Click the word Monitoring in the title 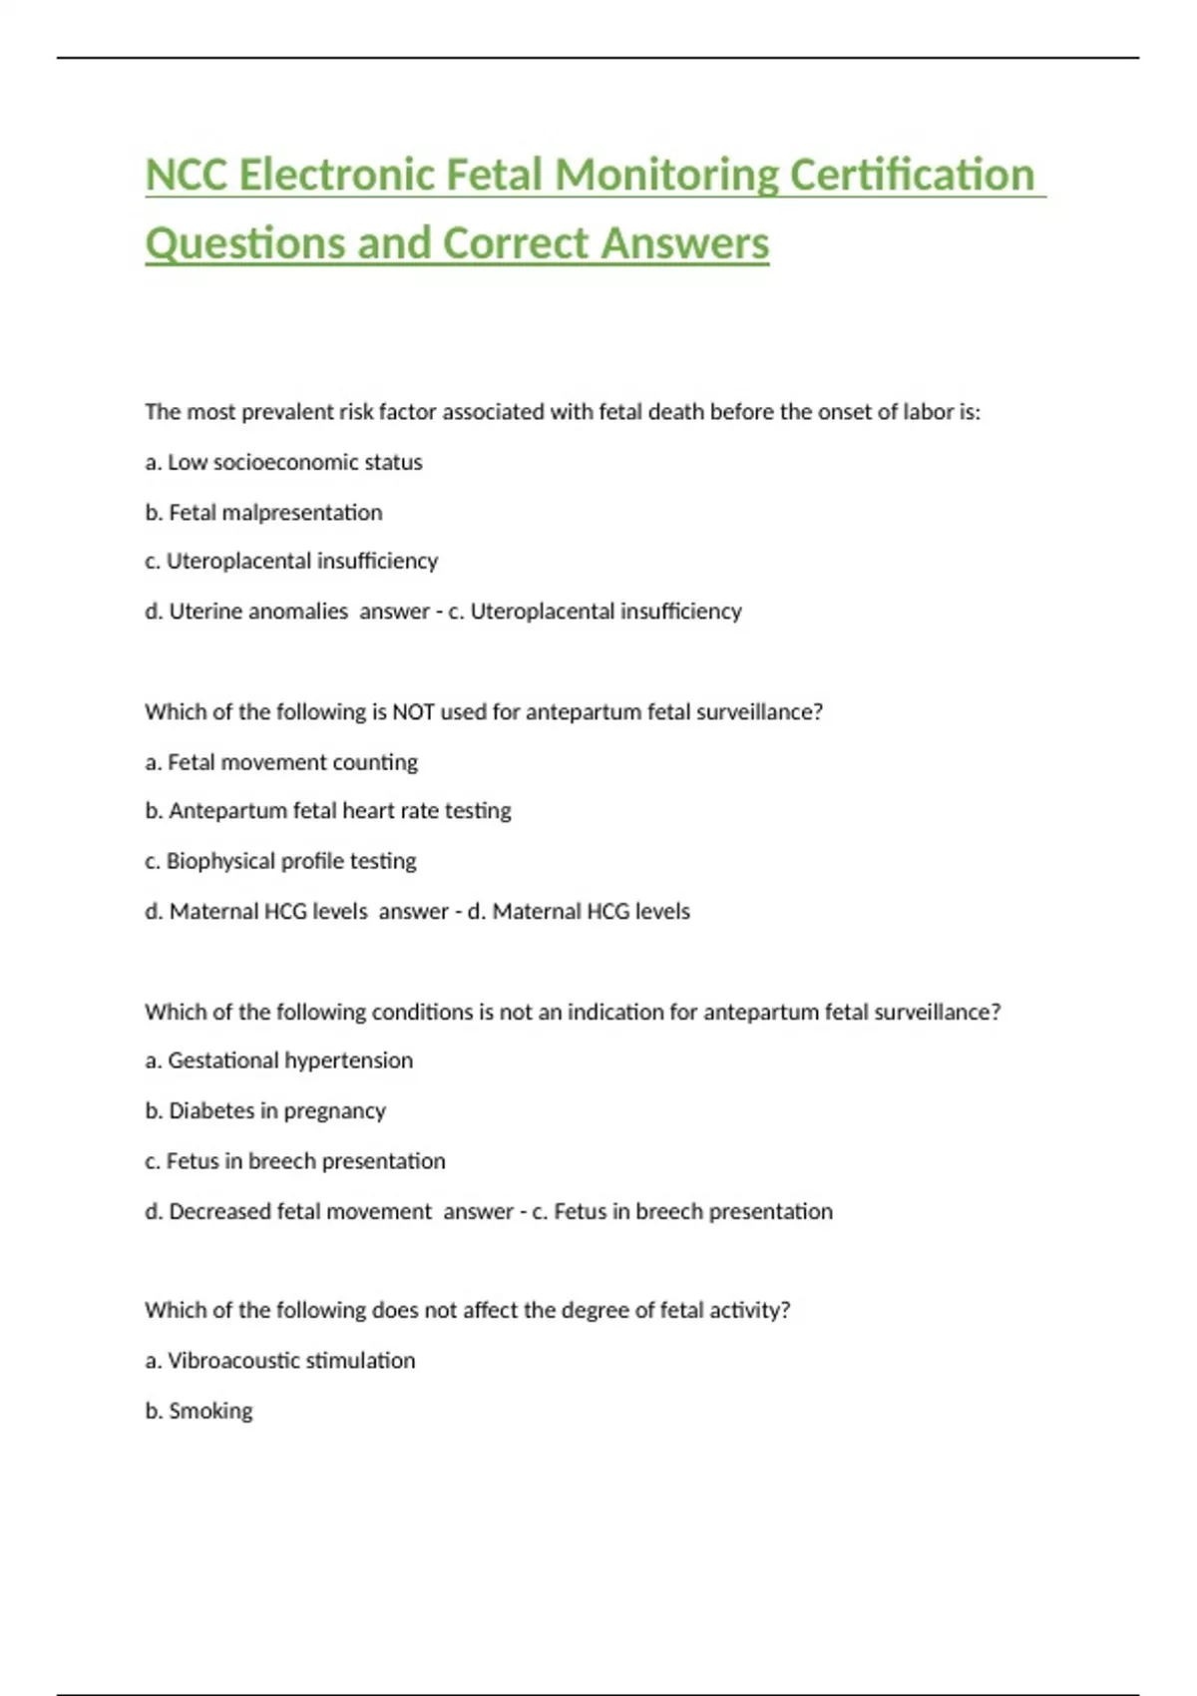[x=666, y=176]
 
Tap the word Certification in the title [x=912, y=176]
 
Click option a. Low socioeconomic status [x=283, y=462]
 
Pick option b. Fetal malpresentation [x=263, y=513]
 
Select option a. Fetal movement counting [x=281, y=762]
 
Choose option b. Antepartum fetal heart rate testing [x=327, y=811]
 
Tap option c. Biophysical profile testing [x=280, y=861]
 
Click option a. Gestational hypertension [x=278, y=1060]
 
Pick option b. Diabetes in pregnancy [x=265, y=1111]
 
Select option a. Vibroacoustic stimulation [x=280, y=1361]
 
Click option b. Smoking [x=199, y=1411]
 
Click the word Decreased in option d [x=219, y=1211]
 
